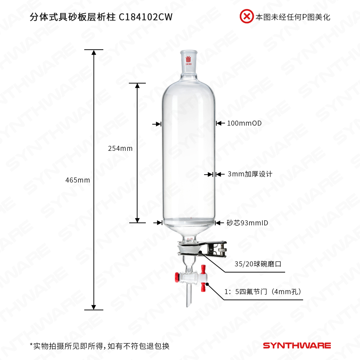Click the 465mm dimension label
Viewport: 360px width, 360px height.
(x=77, y=180)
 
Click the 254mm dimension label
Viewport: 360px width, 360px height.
(x=120, y=148)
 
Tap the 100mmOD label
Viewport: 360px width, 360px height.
(x=244, y=123)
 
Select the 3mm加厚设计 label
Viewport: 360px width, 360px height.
(x=250, y=174)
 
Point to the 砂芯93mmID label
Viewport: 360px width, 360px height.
(x=247, y=223)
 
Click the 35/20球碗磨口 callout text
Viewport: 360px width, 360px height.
(x=257, y=264)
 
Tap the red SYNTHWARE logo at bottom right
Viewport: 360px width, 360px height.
(x=297, y=346)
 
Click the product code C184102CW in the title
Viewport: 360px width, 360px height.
(x=145, y=17)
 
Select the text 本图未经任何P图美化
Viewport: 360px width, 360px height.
(x=293, y=17)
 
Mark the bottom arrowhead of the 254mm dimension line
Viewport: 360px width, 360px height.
(x=137, y=220)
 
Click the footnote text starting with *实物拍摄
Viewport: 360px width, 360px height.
(x=99, y=346)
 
